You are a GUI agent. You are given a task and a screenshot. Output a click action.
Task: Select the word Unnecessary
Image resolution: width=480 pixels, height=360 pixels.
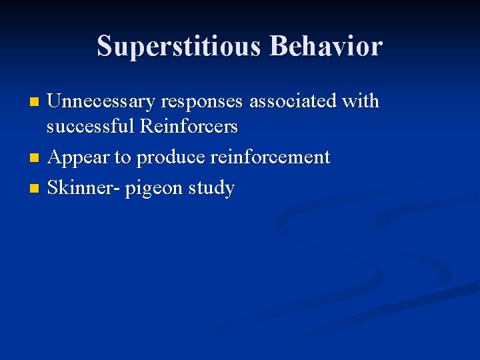[x=100, y=101]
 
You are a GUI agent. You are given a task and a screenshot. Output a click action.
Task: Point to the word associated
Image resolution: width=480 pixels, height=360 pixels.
[x=293, y=101]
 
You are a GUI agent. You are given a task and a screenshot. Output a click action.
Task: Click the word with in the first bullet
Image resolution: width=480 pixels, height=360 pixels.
[x=361, y=101]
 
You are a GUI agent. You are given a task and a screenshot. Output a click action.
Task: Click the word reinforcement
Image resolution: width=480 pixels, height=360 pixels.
[x=270, y=157]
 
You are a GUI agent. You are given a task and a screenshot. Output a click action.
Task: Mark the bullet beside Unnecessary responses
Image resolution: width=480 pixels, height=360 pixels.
[x=35, y=103]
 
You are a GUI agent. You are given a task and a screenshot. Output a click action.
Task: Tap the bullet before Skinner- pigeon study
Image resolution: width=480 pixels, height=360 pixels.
[x=35, y=189]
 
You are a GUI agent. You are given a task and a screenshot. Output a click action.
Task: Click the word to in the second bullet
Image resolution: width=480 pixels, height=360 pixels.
[x=123, y=158]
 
